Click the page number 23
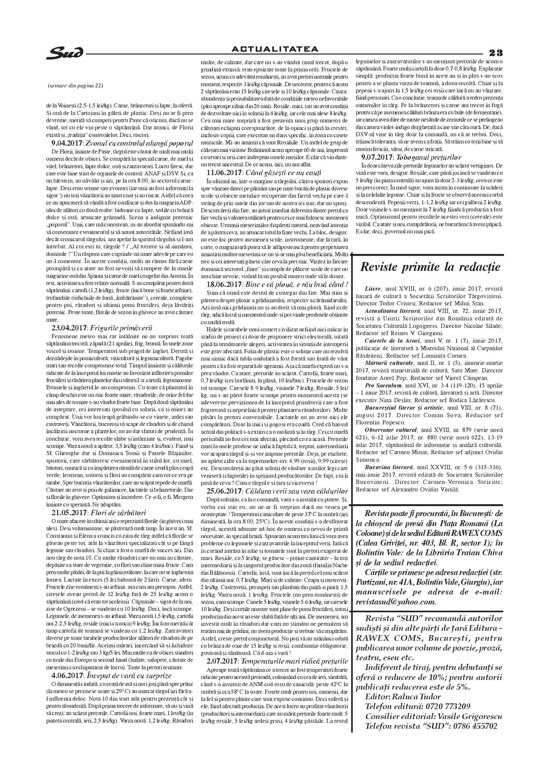coord(496,53)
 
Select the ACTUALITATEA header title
coord(275,49)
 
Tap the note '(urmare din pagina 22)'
coord(75,85)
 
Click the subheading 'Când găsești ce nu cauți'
coord(284,173)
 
